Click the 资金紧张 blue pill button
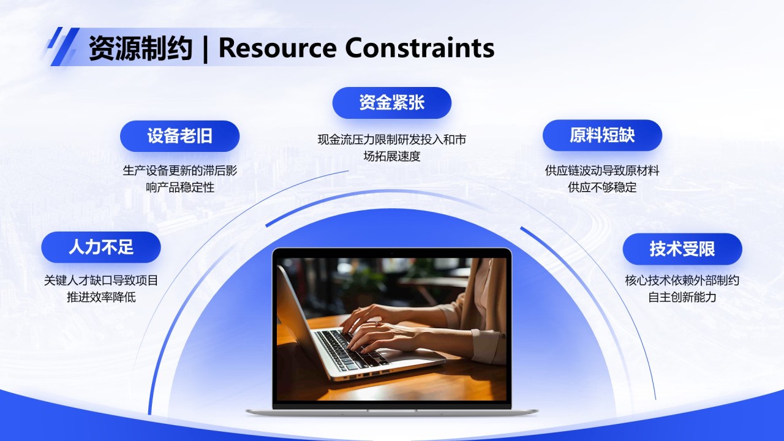tap(391, 103)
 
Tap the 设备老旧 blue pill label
tap(179, 136)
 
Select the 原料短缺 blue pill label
tap(602, 135)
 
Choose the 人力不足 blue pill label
tap(101, 247)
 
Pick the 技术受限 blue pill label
tap(682, 249)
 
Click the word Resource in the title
tap(277, 48)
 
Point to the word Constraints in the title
tap(420, 48)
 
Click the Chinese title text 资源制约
tap(140, 48)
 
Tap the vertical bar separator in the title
tap(205, 48)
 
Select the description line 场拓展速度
tap(391, 156)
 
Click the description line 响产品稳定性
tap(180, 187)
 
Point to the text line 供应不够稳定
tap(602, 187)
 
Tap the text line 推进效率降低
tap(101, 297)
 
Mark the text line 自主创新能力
tap(682, 297)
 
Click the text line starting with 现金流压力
tap(391, 140)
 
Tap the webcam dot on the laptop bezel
tap(391, 253)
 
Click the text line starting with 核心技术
tap(682, 281)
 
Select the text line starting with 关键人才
tap(101, 281)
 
